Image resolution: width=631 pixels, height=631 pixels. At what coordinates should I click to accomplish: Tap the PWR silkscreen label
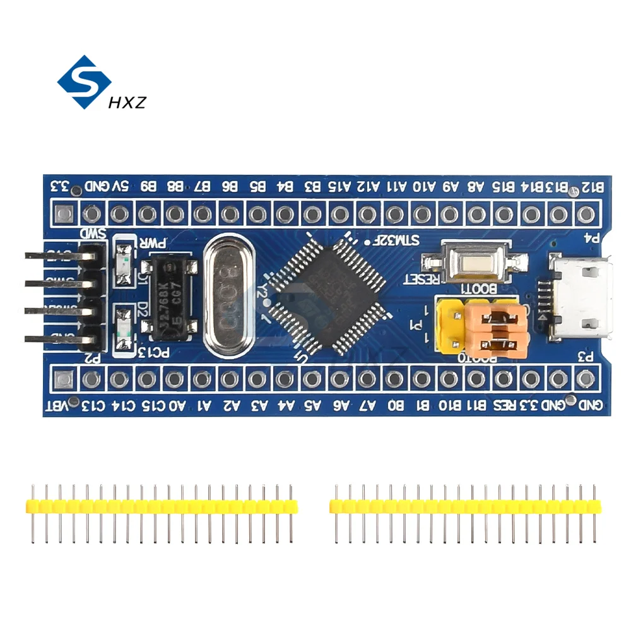[x=153, y=243]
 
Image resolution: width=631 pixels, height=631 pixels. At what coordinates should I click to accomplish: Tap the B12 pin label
[x=593, y=187]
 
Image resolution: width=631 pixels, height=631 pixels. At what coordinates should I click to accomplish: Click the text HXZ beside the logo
[x=127, y=101]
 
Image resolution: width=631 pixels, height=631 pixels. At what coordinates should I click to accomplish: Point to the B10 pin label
[x=450, y=405]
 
